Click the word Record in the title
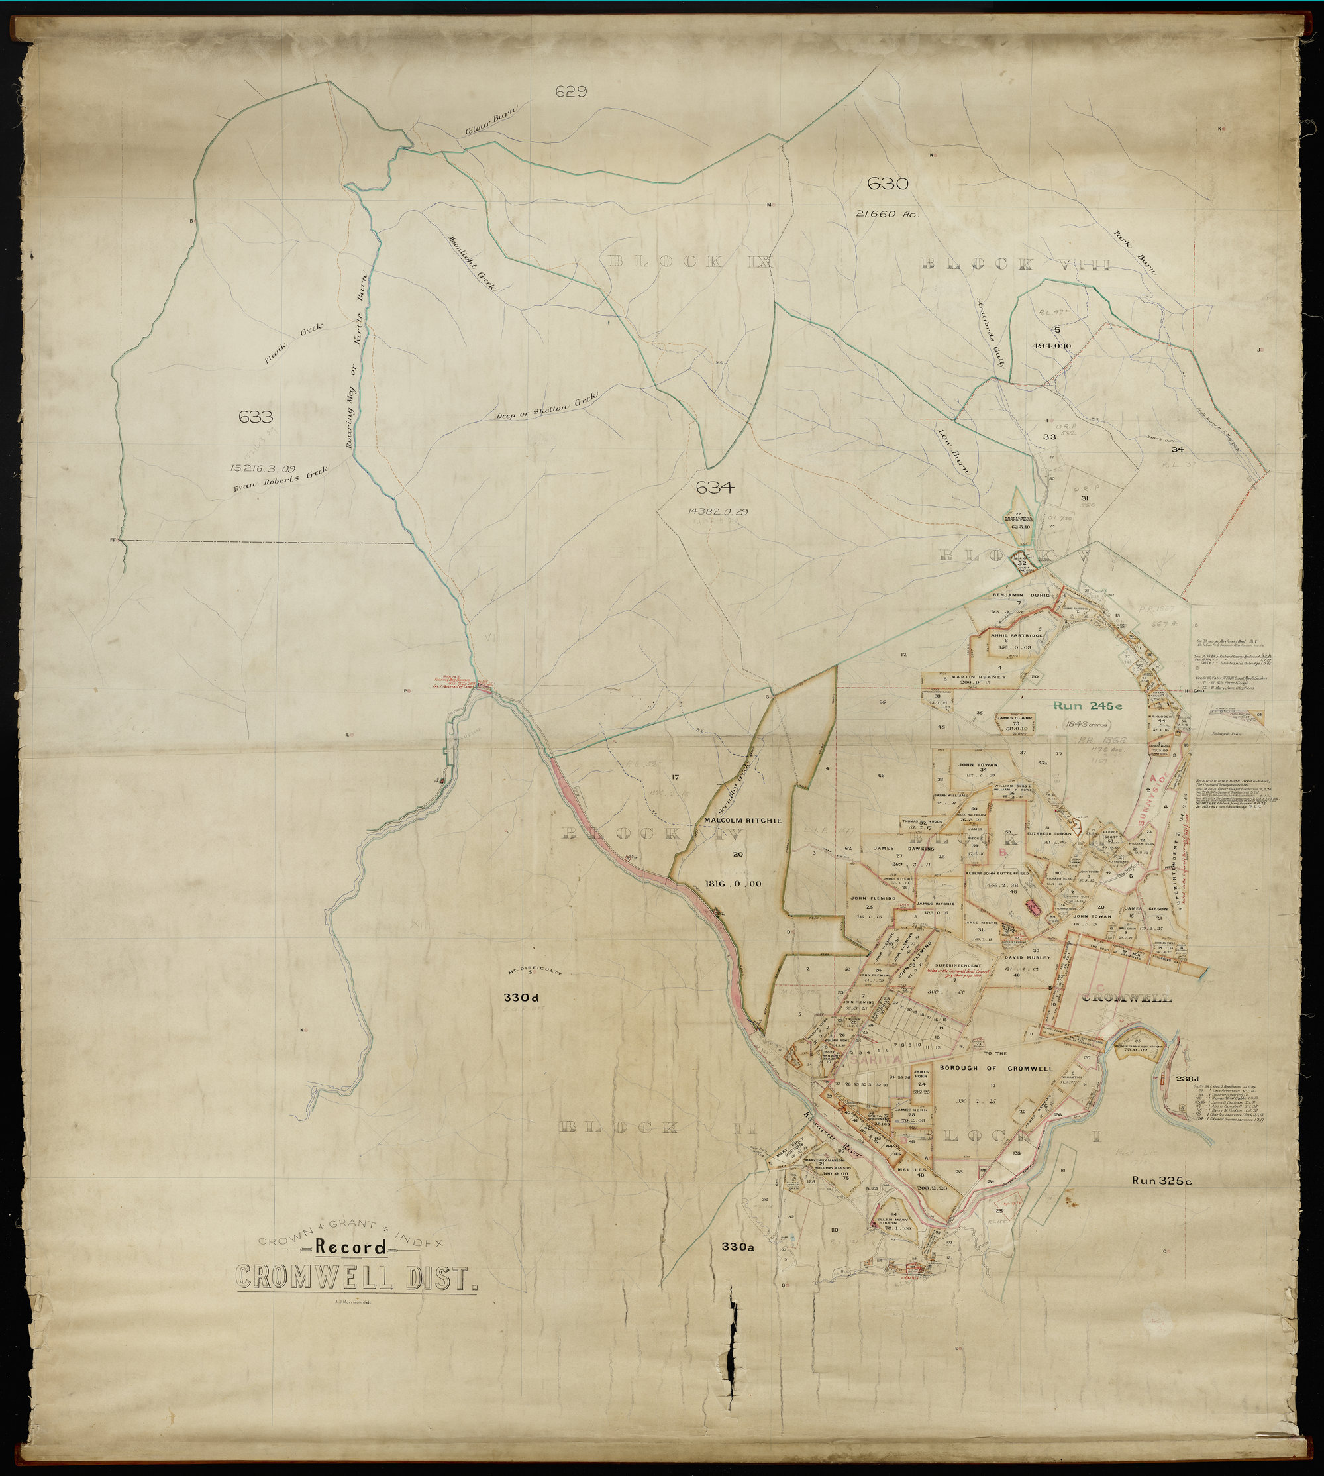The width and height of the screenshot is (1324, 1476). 350,1248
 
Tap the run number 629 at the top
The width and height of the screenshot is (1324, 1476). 571,91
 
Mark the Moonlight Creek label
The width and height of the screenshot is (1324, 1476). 472,264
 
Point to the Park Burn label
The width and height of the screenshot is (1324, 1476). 1134,252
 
